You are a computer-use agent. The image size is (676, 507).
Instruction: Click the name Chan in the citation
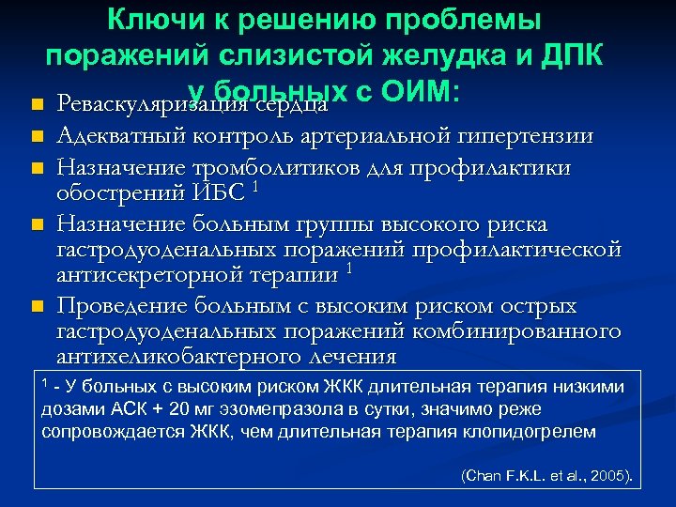tap(481, 477)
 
